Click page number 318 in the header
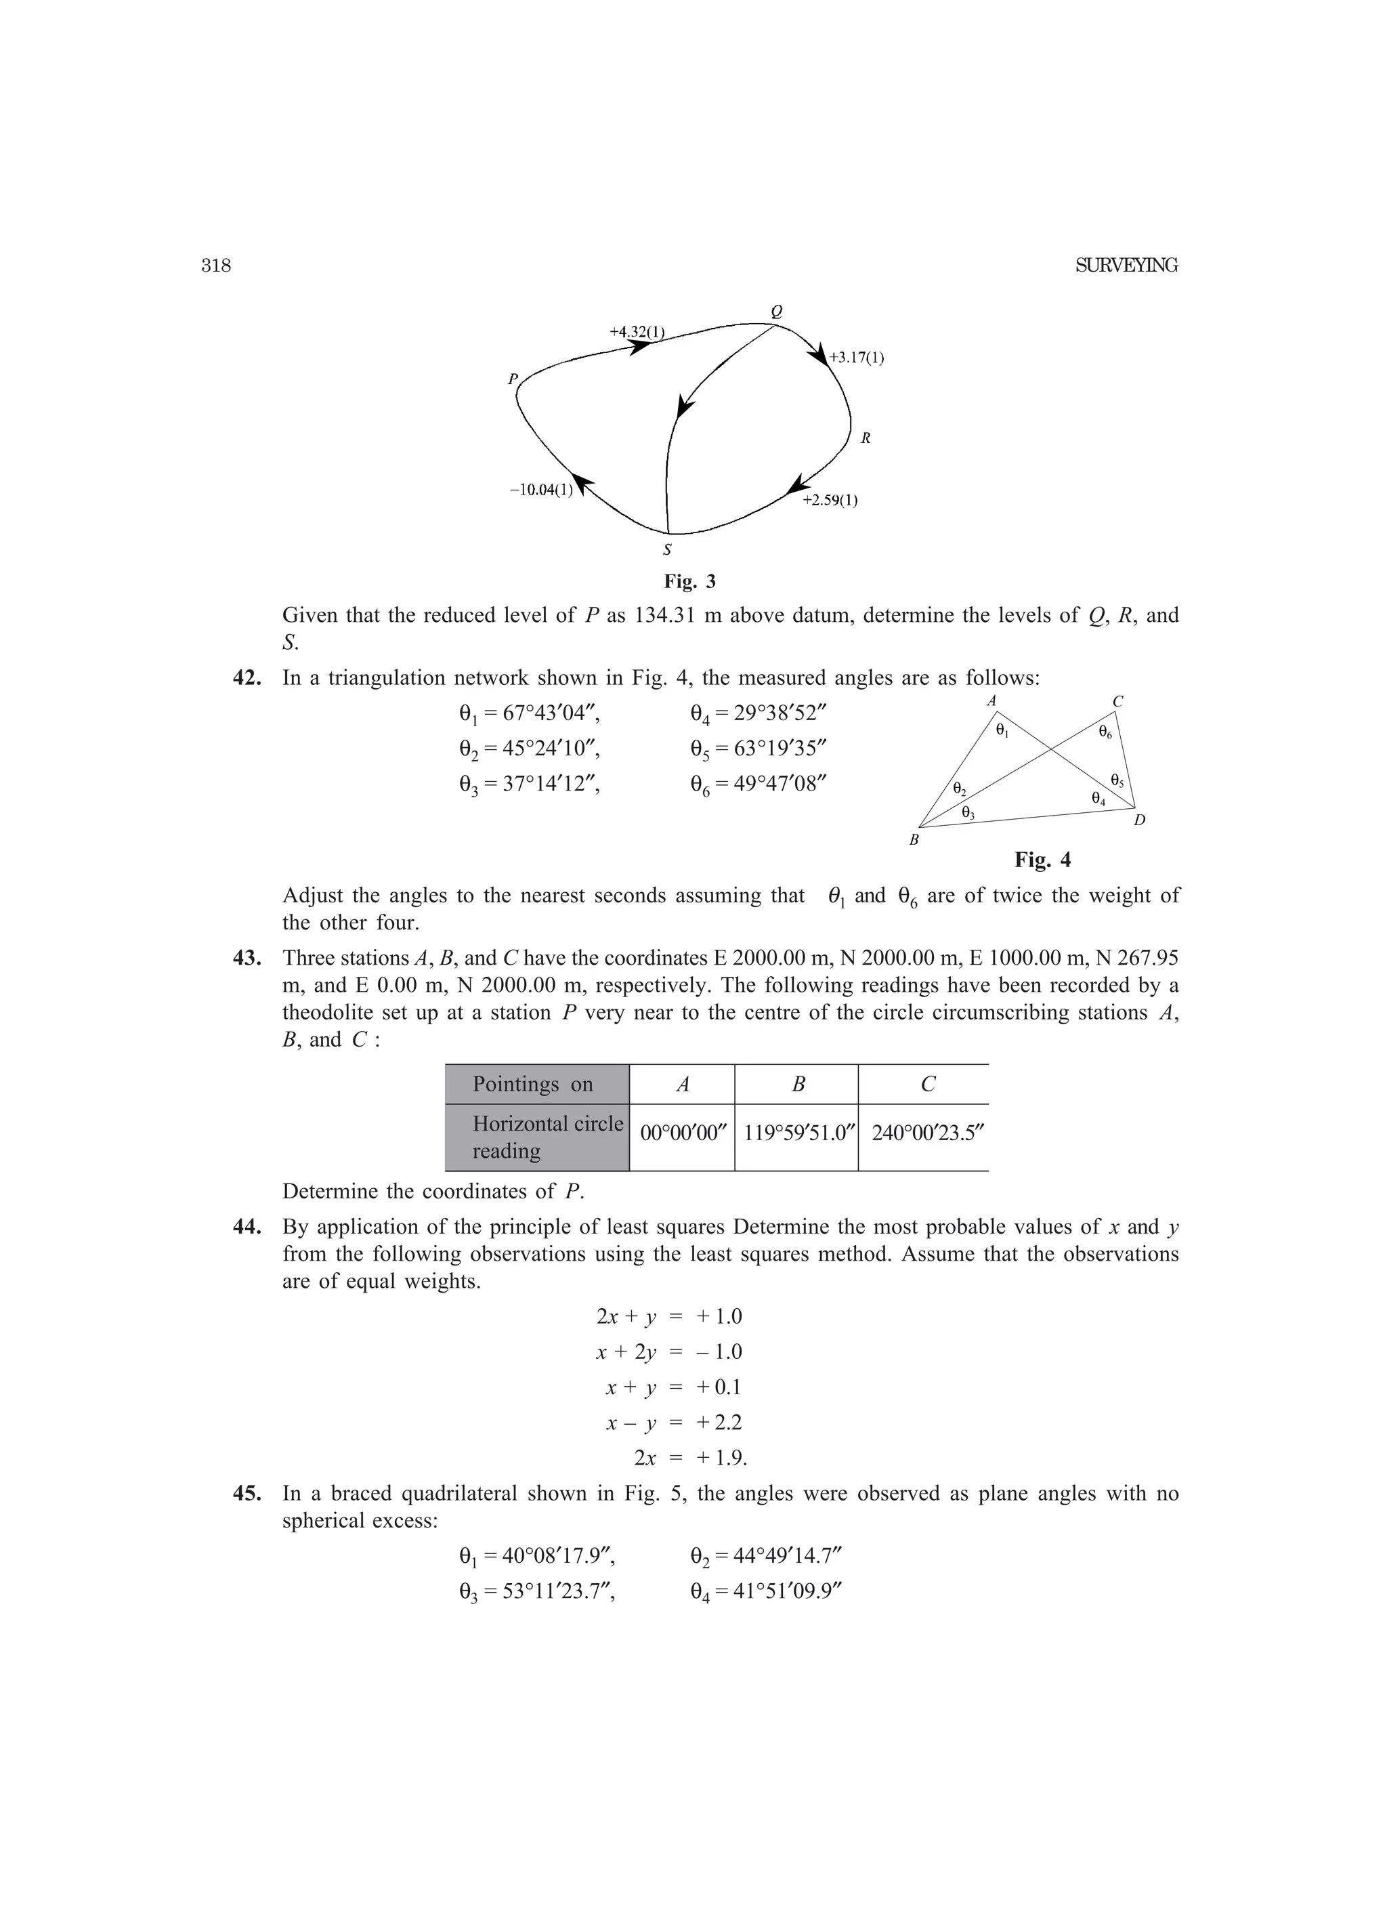click(x=216, y=266)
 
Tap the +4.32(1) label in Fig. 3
click(x=636, y=332)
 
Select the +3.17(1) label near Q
click(x=856, y=358)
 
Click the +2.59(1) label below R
click(x=830, y=501)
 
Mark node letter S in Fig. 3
click(x=667, y=551)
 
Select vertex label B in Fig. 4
click(x=913, y=840)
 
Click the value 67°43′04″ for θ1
click(x=551, y=714)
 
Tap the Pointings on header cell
click(x=533, y=1084)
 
